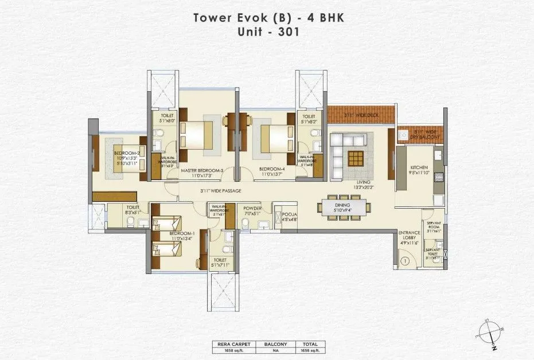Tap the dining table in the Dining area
click(343, 206)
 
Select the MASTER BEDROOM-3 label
click(201, 170)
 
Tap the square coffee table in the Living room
click(356, 157)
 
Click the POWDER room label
click(252, 209)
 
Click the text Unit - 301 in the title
click(267, 32)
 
